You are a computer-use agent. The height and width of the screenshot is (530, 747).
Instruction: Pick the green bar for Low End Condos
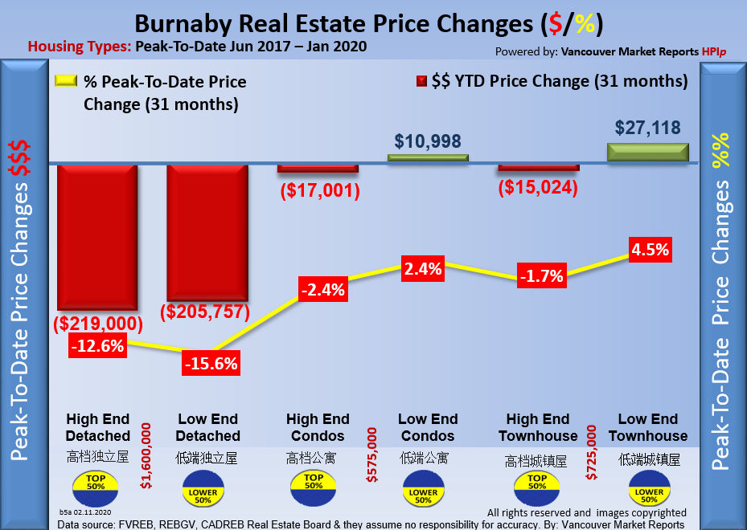(428, 157)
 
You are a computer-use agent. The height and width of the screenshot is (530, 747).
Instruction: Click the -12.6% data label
(97, 346)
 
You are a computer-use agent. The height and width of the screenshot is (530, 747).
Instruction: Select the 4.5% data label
(650, 249)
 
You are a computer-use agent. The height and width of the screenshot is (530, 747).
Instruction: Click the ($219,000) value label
(97, 324)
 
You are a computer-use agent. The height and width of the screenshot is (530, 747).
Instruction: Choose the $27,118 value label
(648, 127)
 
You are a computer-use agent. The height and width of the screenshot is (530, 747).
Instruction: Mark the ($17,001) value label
(319, 191)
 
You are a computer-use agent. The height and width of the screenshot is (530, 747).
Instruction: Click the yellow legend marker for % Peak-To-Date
(65, 81)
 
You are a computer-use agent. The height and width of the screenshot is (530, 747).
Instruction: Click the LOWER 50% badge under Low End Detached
(203, 492)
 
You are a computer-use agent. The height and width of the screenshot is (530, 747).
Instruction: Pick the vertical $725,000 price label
(592, 454)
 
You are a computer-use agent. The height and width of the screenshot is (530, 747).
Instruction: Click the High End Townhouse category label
(538, 427)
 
